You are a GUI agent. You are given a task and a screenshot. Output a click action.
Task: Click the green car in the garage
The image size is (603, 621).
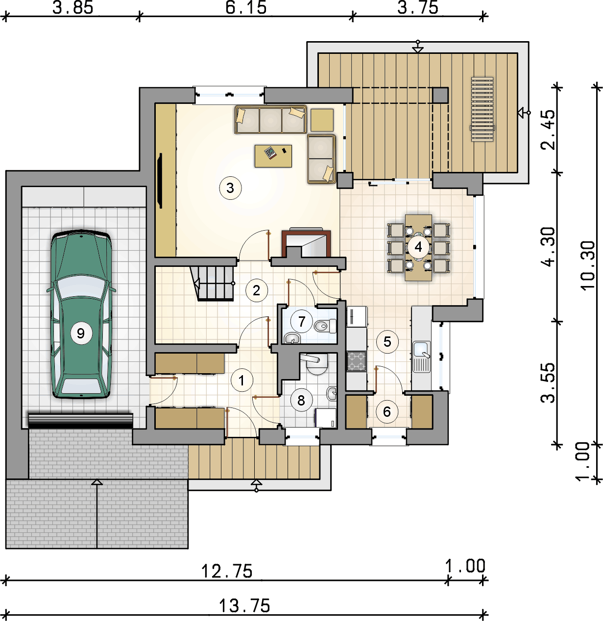tap(81, 314)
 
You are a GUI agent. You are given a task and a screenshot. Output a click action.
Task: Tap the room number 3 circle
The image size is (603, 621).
tap(230, 188)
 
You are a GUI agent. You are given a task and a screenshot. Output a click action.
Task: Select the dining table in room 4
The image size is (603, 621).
tap(418, 247)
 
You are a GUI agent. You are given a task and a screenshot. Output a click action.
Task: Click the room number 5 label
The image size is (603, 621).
tap(387, 342)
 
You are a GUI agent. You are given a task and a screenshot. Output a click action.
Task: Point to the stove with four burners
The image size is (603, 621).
tap(357, 361)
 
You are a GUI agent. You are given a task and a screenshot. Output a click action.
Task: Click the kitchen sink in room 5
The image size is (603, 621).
tap(421, 357)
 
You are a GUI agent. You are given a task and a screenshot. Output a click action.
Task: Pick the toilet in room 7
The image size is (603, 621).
tap(325, 326)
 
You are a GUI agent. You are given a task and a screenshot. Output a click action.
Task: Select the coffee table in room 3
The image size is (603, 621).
tap(273, 156)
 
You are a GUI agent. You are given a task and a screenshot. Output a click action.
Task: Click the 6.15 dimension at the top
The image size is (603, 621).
tap(246, 8)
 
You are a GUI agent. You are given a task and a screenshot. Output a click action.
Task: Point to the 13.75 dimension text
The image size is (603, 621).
tap(244, 606)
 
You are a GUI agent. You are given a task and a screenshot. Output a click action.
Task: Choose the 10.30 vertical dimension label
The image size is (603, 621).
tap(588, 265)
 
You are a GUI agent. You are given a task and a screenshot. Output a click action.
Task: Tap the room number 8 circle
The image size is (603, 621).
tap(301, 400)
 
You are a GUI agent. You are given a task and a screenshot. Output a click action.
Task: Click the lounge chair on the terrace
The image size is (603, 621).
tap(482, 109)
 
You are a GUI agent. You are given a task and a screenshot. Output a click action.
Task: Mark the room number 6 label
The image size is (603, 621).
tap(387, 412)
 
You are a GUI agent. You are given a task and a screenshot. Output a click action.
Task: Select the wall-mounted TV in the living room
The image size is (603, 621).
tap(160, 181)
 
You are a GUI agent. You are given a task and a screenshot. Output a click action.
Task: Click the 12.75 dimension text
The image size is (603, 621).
tap(227, 571)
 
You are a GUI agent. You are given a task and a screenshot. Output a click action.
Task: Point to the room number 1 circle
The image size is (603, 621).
tap(241, 381)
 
